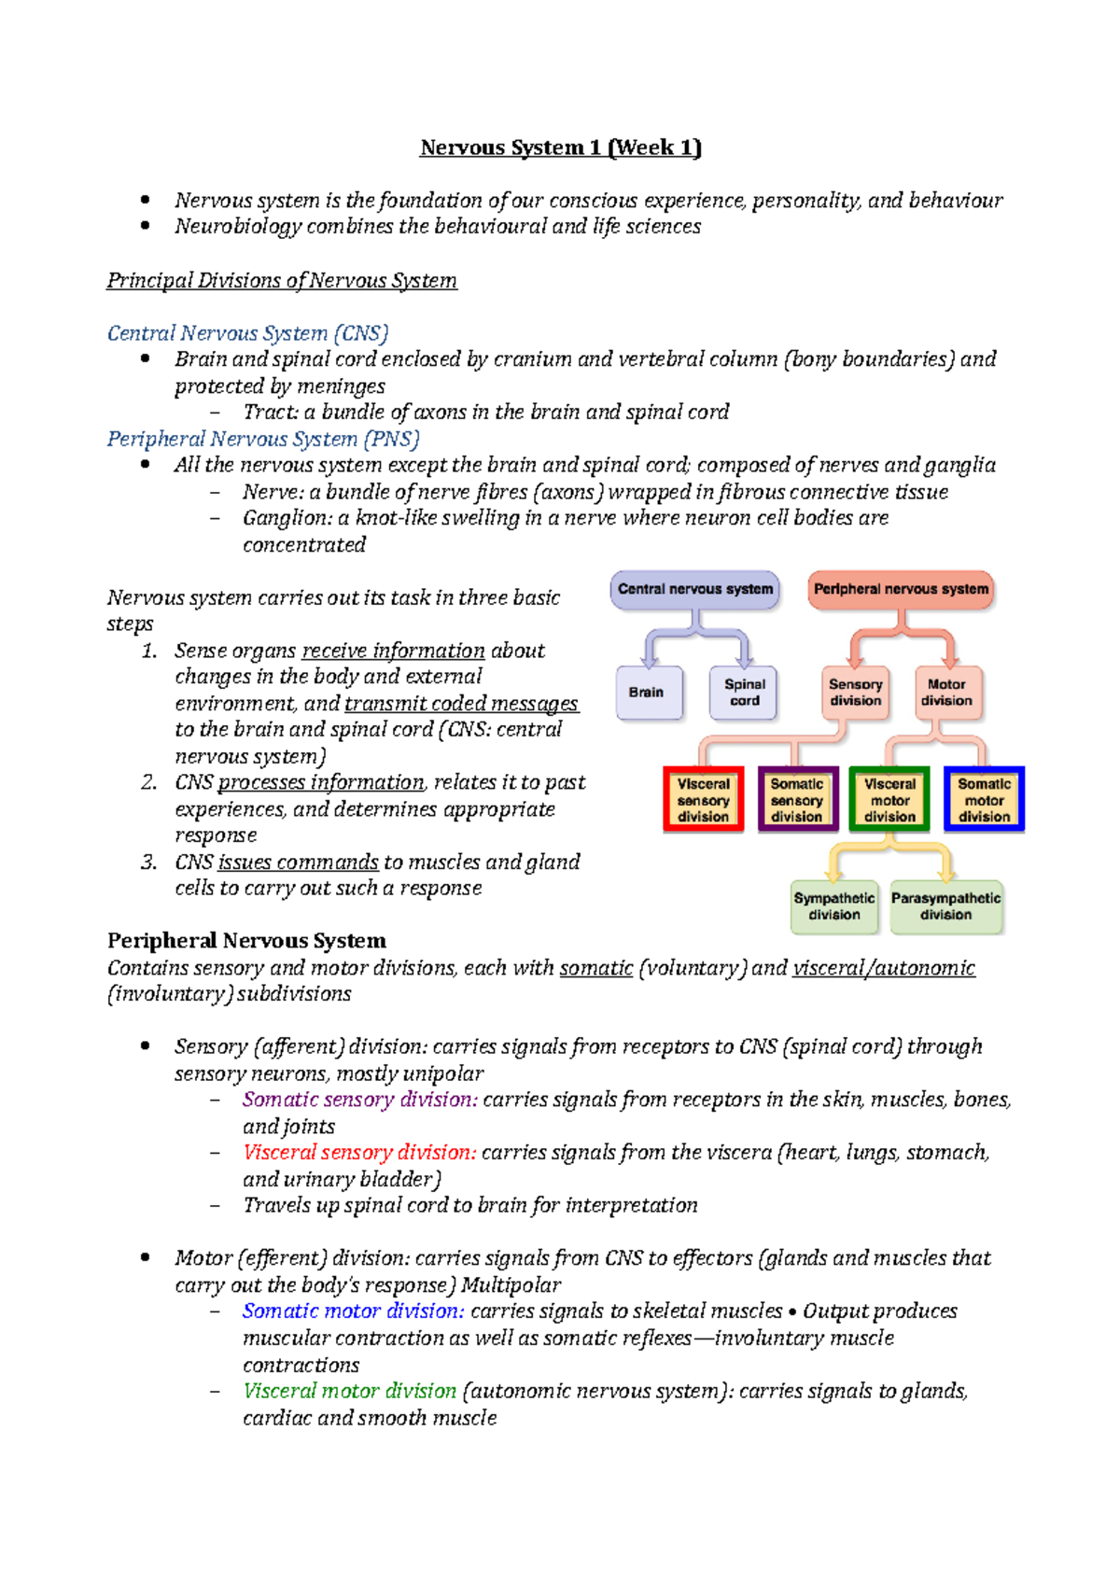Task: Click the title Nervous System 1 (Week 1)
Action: (x=560, y=147)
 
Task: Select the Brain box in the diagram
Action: (x=647, y=693)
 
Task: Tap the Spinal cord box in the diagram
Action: (x=744, y=693)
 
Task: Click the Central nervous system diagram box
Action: (x=695, y=590)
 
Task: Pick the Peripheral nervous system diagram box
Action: (x=901, y=590)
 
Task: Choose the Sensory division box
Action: (x=856, y=693)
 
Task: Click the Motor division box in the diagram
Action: (x=947, y=693)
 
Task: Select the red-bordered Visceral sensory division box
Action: (x=703, y=800)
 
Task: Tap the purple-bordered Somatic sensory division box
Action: (x=796, y=800)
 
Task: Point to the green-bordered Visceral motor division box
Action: (x=889, y=800)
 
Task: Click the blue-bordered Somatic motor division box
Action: (x=984, y=800)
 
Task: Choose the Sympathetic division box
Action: (x=834, y=906)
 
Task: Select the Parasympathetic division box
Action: (x=945, y=906)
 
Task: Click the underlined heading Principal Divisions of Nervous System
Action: (x=282, y=281)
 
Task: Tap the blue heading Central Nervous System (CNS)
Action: (x=247, y=333)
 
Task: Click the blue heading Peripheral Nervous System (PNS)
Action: (x=263, y=439)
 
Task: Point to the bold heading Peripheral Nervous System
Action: (x=246, y=941)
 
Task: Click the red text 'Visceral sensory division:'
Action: (x=359, y=1153)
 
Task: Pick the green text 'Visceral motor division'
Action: (x=349, y=1391)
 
